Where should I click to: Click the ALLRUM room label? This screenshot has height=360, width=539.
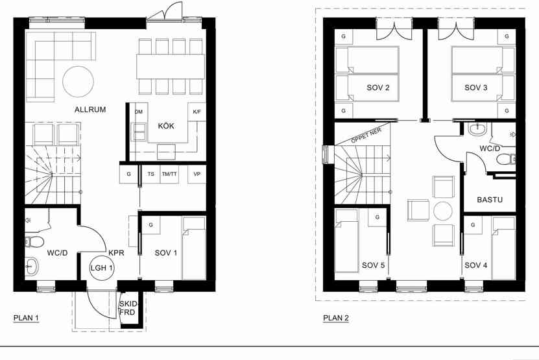click(x=90, y=110)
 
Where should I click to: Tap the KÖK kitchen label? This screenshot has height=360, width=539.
click(x=166, y=125)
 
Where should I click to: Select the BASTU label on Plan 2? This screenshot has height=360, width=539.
click(x=490, y=199)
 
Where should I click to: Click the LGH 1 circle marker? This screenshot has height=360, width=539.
click(x=102, y=268)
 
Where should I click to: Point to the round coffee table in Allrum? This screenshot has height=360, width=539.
click(x=78, y=82)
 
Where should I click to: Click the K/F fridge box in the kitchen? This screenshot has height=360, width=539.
click(x=197, y=112)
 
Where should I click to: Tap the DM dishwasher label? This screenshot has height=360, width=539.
click(x=139, y=112)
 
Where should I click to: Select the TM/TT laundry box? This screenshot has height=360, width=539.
click(x=169, y=174)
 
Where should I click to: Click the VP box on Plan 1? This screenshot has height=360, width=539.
click(x=197, y=174)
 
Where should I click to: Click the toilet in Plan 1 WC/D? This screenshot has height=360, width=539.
click(x=34, y=242)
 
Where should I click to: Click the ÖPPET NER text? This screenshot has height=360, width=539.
click(x=366, y=136)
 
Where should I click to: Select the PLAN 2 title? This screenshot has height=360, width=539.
click(x=336, y=318)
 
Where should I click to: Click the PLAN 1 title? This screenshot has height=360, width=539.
click(x=26, y=318)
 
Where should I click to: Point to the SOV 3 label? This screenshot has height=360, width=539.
click(x=475, y=88)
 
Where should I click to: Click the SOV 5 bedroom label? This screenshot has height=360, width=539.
click(x=374, y=265)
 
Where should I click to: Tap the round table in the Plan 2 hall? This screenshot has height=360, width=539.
click(x=443, y=211)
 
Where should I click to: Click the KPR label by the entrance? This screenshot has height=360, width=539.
click(x=116, y=253)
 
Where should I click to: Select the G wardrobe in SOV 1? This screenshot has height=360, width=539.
click(x=150, y=225)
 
